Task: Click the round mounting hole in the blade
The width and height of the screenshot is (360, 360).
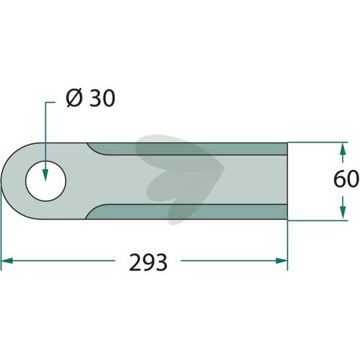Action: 45,181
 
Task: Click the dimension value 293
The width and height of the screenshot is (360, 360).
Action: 148,262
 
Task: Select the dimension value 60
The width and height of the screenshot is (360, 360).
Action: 346,179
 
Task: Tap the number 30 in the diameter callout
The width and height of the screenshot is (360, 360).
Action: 102,98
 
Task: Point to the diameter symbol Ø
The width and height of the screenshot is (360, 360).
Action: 74,98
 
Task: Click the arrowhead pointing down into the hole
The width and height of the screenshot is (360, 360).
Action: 45,174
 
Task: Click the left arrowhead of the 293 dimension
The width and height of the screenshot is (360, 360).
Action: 7,261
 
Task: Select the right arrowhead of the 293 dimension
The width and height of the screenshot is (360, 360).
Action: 282,261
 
